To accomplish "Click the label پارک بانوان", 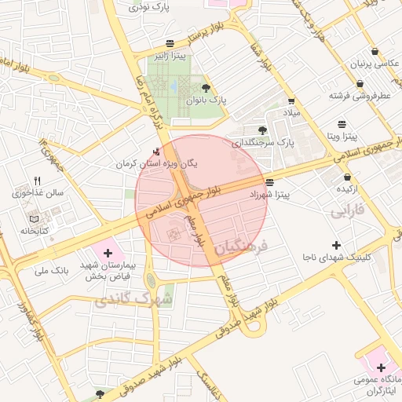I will click(205, 100).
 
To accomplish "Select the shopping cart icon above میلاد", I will click(292, 100).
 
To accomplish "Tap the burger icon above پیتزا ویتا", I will click(342, 124).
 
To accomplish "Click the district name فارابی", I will click(349, 211).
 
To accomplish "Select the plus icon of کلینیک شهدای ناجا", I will click(337, 245).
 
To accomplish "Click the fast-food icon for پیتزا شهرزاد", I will click(270, 181).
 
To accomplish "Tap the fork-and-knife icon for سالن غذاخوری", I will click(36, 181).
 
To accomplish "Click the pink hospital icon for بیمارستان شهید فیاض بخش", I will click(108, 253).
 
